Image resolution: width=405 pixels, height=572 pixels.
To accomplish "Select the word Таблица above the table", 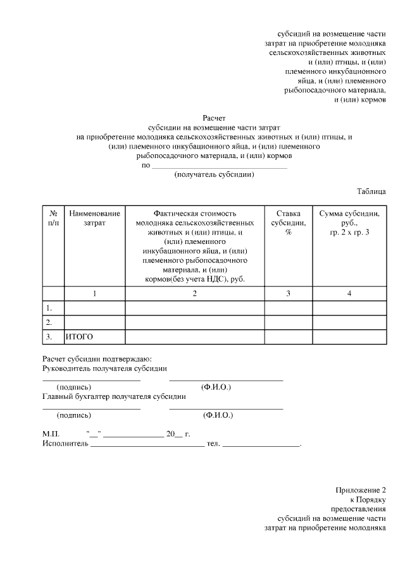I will coord(371,191).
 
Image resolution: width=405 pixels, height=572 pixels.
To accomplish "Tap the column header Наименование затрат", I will coord(94,218).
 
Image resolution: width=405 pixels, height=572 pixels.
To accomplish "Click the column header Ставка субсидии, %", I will coord(288,223).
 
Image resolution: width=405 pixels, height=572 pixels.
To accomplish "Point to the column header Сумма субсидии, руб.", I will coord(349,223).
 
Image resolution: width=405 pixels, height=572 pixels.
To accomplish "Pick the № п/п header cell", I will coord(54,218).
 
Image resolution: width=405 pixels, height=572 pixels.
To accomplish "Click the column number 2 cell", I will coord(195,293).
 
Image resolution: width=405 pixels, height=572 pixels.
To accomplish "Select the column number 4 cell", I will coord(349,293).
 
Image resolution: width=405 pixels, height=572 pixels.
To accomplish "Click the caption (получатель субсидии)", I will coord(214,176).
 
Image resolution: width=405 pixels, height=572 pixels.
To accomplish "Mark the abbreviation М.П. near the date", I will coord(51,435).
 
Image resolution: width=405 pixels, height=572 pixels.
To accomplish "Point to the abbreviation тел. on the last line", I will coord(213,444).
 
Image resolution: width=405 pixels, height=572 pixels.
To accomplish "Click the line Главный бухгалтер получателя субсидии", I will coord(114,397).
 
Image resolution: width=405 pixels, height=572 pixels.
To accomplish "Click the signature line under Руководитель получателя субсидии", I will coord(92,380).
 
